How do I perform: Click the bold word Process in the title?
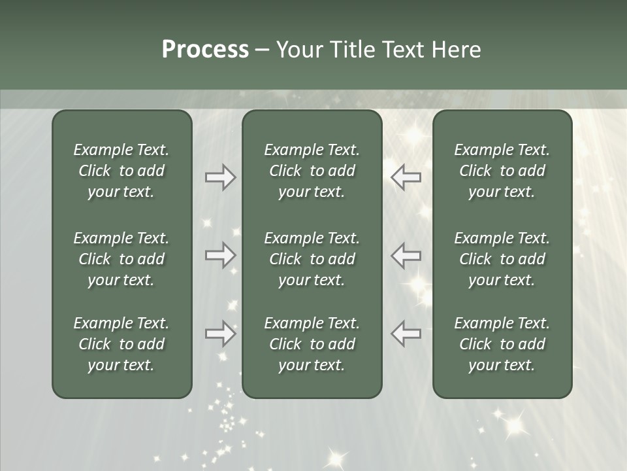click(205, 50)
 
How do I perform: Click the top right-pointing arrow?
click(221, 177)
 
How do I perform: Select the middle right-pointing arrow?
click(221, 255)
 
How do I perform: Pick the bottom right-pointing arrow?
click(221, 334)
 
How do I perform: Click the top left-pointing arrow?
click(406, 177)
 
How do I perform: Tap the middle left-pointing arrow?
click(406, 255)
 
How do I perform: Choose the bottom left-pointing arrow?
click(406, 334)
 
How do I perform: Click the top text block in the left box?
click(121, 171)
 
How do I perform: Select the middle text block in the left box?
click(121, 259)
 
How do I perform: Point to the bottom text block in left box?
click(121, 344)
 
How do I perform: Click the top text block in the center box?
click(312, 171)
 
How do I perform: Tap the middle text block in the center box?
click(312, 259)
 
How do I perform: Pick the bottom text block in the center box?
click(312, 344)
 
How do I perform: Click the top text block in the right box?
click(502, 171)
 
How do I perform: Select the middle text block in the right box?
click(502, 259)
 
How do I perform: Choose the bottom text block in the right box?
click(502, 344)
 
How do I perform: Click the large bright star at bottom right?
click(515, 425)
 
